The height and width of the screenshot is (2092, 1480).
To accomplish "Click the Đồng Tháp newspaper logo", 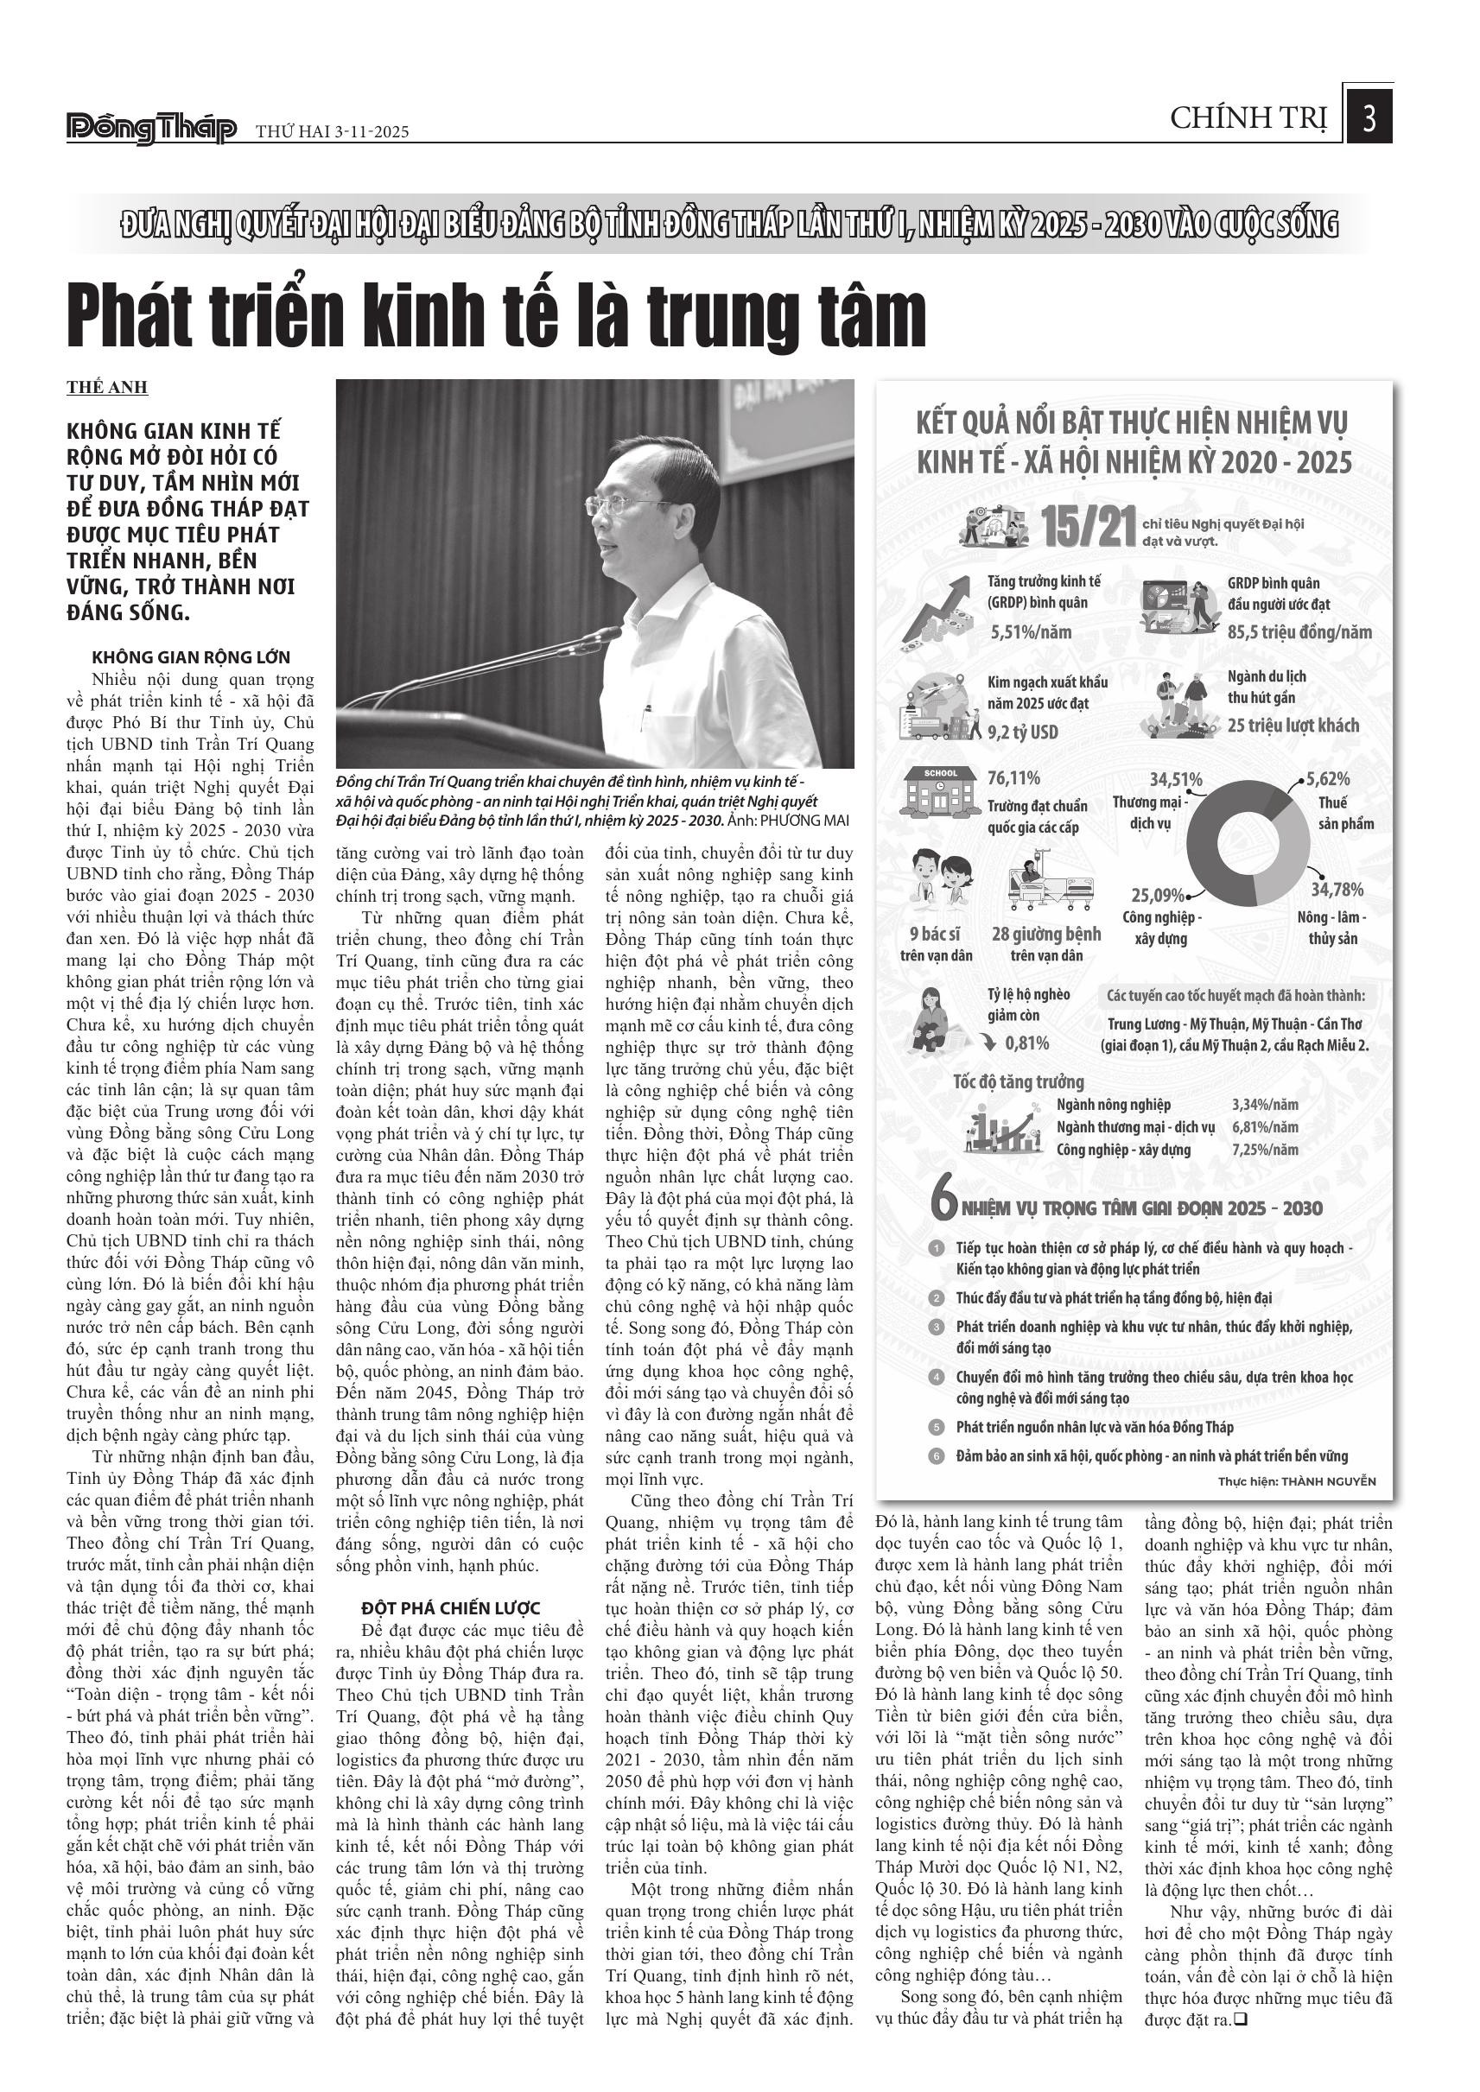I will click(x=151, y=130).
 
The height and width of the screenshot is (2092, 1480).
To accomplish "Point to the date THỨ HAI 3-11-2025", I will click(x=332, y=132).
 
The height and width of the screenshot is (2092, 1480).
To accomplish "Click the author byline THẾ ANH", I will click(x=106, y=387).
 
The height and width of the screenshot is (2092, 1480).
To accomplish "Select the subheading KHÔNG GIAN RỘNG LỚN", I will click(x=190, y=657).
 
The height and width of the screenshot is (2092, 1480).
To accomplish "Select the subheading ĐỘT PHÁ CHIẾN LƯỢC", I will click(x=451, y=1608).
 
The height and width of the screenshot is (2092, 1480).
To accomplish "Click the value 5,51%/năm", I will click(x=1031, y=631).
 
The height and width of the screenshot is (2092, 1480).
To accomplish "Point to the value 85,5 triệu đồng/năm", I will click(x=1299, y=631).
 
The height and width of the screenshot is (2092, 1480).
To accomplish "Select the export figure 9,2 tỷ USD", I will click(x=1022, y=732).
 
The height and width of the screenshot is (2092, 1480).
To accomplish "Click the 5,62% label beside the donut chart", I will click(x=1328, y=779).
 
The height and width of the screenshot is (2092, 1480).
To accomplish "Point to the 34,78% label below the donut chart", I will click(x=1337, y=890).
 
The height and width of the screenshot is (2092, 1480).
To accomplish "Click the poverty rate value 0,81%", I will click(x=1026, y=1043).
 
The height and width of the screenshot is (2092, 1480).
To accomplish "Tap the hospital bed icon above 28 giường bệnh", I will click(x=1050, y=884).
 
